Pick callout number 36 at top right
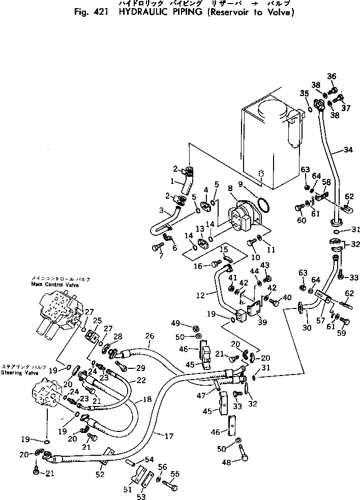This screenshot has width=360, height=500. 332,77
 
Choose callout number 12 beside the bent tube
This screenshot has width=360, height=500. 200,295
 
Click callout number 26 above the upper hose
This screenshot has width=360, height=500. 149,336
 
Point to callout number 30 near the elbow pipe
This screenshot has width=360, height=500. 307,328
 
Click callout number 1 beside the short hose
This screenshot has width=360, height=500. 172,180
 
